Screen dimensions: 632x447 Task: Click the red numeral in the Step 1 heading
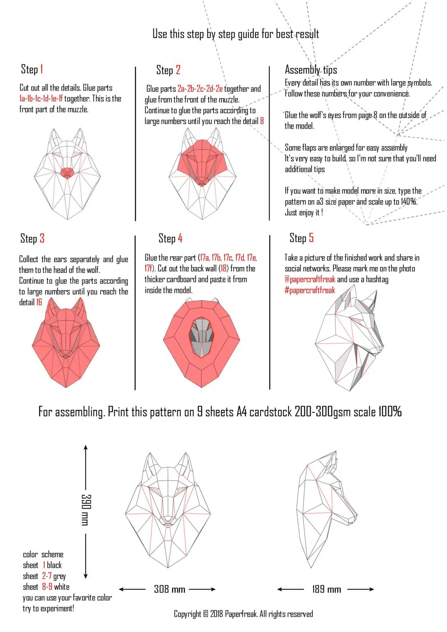[42, 69]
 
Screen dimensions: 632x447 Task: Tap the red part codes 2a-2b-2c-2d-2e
[200, 89]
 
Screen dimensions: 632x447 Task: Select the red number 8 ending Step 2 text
[262, 121]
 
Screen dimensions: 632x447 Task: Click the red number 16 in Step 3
[39, 302]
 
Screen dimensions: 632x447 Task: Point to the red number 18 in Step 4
[223, 269]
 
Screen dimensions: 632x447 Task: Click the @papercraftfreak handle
[310, 279]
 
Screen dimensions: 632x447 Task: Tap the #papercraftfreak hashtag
[310, 290]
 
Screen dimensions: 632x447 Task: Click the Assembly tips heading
[311, 70]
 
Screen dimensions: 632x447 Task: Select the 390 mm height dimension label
[85, 510]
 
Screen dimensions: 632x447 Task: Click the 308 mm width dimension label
[170, 590]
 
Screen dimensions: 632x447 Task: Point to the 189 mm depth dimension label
[326, 590]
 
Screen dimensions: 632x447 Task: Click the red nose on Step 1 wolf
[67, 172]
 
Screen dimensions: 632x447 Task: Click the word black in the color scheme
[54, 565]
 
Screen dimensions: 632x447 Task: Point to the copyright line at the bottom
[243, 614]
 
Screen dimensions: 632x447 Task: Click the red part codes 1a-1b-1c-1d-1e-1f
[41, 99]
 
